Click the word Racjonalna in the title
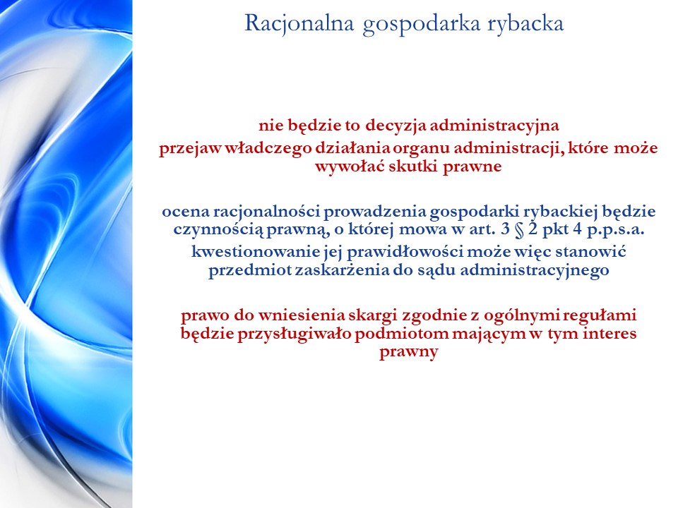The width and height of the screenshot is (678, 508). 299,24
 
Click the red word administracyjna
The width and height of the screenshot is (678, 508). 494,126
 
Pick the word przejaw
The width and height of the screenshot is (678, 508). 190,149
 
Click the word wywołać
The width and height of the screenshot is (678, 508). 350,167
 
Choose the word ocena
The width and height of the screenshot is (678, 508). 186,212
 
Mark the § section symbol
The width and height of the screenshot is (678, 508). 519,230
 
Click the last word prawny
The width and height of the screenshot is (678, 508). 409,353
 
